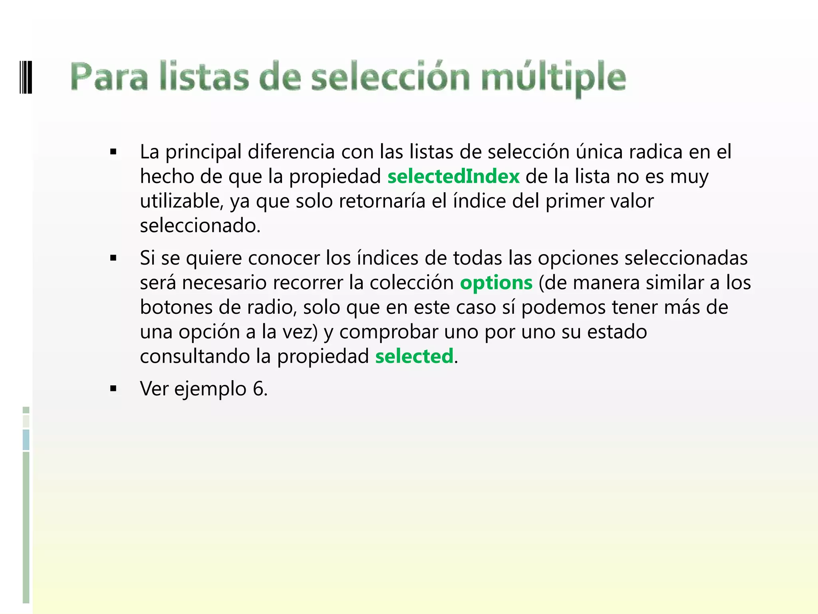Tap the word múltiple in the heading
[553, 78]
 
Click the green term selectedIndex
[453, 177]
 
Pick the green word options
[496, 283]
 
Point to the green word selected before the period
[414, 356]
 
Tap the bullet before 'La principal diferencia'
[113, 152]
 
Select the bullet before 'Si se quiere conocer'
[113, 258]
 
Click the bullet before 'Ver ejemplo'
[113, 389]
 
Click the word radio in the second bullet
[271, 307]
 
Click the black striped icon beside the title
[26, 77]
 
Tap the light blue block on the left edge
[26, 440]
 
